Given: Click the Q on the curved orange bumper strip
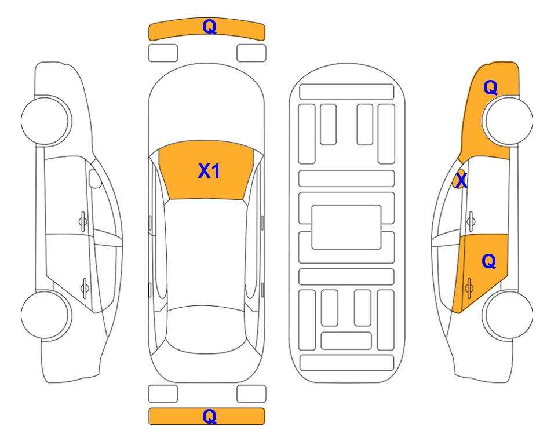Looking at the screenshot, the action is (x=210, y=27).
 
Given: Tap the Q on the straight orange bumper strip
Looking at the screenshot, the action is (x=210, y=416).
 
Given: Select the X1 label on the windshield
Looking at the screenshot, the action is (x=209, y=171).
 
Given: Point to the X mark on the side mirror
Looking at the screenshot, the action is (x=461, y=181).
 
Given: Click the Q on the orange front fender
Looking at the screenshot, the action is (x=490, y=87).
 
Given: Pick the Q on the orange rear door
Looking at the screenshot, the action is (x=488, y=262).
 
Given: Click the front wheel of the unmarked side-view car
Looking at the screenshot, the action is (x=46, y=121).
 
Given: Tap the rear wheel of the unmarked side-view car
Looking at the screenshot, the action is (x=46, y=315).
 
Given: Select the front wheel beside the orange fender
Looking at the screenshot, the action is (x=508, y=121).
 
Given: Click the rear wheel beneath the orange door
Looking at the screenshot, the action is (x=508, y=315).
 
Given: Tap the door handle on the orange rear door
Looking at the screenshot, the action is (x=469, y=289).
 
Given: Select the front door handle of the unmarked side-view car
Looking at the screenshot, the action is (x=83, y=221).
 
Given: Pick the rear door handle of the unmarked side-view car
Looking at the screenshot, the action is (x=85, y=287).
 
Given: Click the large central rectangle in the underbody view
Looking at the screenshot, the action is (x=347, y=227).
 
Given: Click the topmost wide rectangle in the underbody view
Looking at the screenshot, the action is (x=347, y=92).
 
